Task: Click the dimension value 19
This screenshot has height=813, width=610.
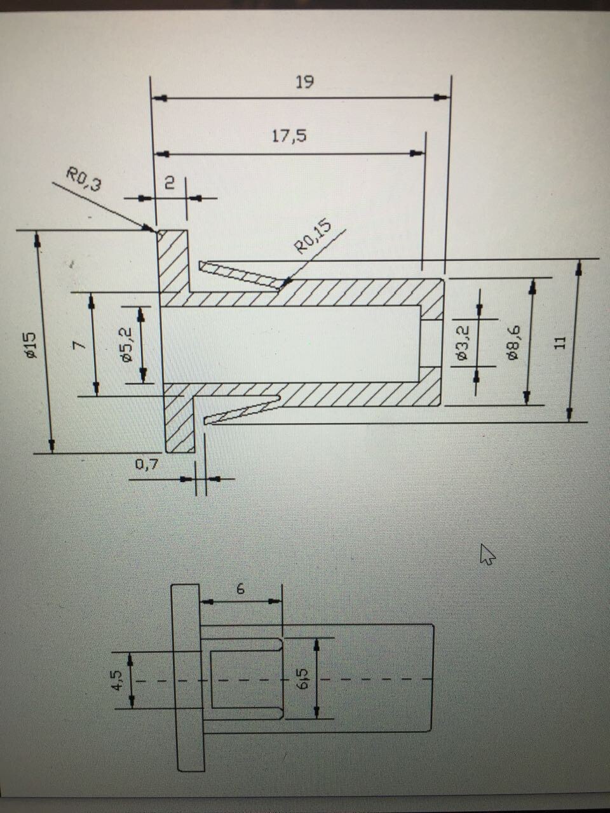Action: pos(304,82)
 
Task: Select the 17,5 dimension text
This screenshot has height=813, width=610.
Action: pos(289,136)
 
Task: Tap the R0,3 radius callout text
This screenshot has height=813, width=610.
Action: pos(84,178)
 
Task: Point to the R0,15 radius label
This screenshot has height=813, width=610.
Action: pos(313,236)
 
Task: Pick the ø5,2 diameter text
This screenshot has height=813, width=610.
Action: pos(126,345)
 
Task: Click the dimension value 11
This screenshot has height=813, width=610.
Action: pos(559,342)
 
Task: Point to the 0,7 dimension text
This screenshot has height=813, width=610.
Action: pos(147,465)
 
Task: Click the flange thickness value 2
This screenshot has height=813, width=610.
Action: pos(170,183)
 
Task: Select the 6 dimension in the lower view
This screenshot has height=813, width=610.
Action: pos(240,589)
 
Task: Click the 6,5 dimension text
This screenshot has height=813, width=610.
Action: pos(302,679)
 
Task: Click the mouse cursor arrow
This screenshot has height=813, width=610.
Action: pos(487,554)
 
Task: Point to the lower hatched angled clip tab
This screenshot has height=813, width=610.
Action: pos(241,410)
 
